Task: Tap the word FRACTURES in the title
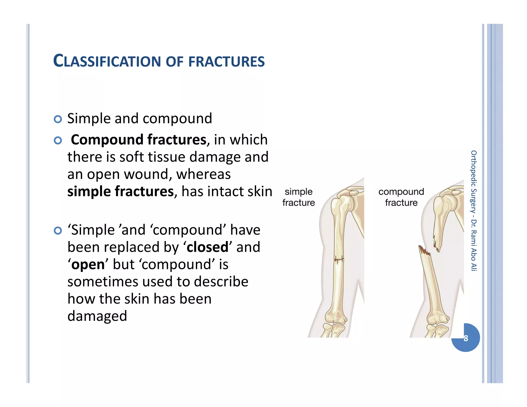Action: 226,62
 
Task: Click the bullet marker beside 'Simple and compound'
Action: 58,119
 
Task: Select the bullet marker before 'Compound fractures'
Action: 58,140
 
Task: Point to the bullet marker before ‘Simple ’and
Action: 58,231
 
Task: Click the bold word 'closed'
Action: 207,247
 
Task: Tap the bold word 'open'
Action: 88,264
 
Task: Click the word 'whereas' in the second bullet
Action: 203,174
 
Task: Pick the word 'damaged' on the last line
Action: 97,316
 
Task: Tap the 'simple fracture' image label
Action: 298,197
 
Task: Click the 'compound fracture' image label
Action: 401,197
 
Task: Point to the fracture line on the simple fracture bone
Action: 339,259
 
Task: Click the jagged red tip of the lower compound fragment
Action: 424,251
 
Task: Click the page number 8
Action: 466,338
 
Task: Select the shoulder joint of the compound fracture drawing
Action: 445,201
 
